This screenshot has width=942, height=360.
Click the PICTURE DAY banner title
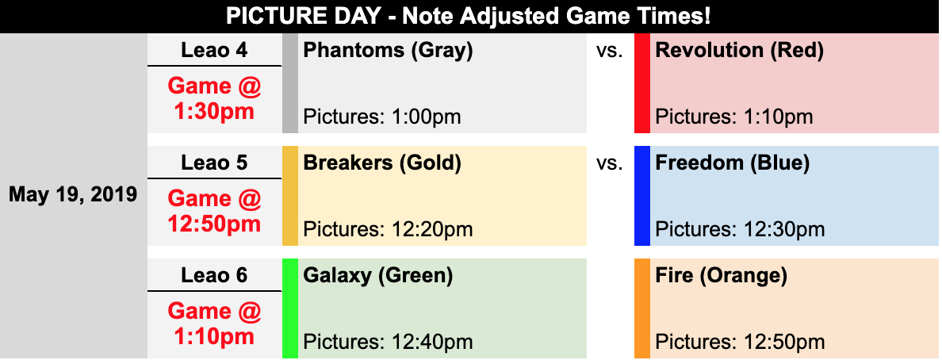[x=469, y=16]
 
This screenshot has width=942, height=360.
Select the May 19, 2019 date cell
[x=73, y=195]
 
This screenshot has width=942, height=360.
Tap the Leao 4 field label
[x=214, y=50]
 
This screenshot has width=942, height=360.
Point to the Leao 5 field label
[x=214, y=163]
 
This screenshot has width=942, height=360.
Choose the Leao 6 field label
[x=214, y=275]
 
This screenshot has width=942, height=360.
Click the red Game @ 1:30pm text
[x=214, y=98]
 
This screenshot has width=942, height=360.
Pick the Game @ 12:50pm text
[x=214, y=211]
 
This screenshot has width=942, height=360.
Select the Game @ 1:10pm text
[x=214, y=324]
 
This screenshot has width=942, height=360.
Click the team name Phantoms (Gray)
[x=388, y=51]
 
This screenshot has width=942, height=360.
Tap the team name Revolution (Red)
[x=740, y=51]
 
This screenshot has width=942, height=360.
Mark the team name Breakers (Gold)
[x=382, y=163]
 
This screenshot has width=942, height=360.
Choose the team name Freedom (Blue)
[x=733, y=163]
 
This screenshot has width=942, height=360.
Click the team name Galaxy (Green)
[x=378, y=276]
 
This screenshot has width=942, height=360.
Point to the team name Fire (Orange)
[x=721, y=276]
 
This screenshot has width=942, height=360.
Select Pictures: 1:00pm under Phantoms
[x=382, y=116]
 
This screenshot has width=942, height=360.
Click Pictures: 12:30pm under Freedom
[x=740, y=229]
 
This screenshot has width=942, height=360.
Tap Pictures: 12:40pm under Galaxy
[x=388, y=342]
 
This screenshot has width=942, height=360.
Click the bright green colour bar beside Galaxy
[x=290, y=308]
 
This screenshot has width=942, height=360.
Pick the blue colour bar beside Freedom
[x=642, y=196]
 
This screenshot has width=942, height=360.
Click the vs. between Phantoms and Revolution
[x=609, y=51]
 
